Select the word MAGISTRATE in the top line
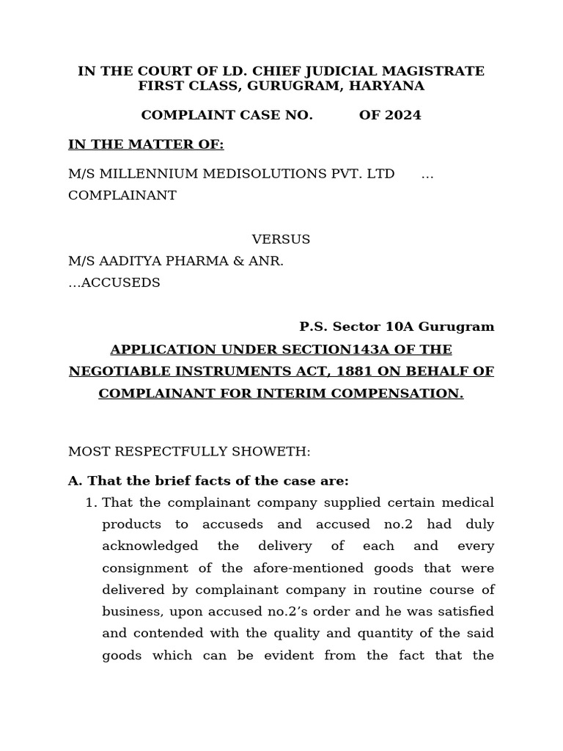click(x=435, y=71)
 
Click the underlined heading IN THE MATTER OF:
click(x=146, y=144)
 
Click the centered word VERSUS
click(x=281, y=239)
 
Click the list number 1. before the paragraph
click(x=91, y=503)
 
